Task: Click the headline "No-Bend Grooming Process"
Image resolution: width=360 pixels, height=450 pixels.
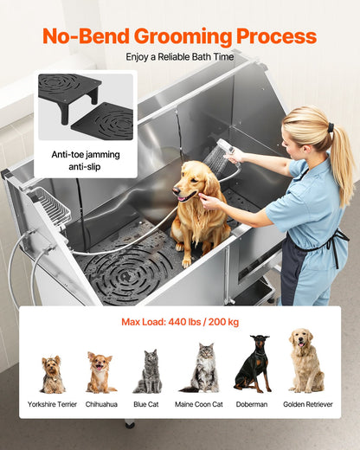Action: click(x=179, y=37)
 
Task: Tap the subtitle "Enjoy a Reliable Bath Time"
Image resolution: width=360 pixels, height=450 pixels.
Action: click(x=179, y=57)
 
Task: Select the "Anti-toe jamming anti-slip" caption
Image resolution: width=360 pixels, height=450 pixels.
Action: click(x=86, y=160)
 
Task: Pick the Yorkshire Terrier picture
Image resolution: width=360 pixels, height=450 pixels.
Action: click(x=52, y=374)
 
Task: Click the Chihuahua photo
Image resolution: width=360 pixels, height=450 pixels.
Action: click(x=100, y=372)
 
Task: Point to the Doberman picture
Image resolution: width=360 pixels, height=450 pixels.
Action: click(x=254, y=364)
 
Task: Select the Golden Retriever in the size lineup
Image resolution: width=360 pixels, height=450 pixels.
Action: click(x=305, y=361)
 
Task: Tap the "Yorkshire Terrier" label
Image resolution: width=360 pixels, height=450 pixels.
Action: click(x=51, y=404)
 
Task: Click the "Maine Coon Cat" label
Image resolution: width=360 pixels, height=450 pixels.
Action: click(x=200, y=404)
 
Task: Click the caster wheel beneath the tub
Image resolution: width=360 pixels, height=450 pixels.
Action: click(x=129, y=424)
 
